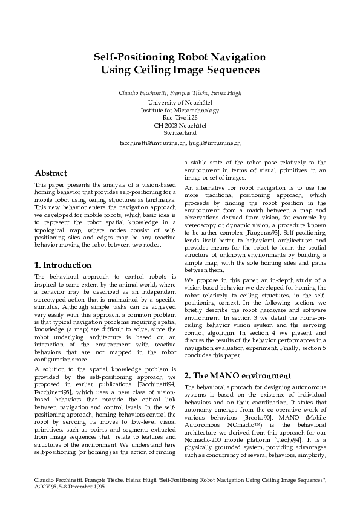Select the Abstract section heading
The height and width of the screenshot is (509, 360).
pos(51,172)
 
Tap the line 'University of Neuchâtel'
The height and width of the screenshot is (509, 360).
pos(180,103)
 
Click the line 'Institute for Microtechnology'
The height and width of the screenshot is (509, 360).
pos(180,111)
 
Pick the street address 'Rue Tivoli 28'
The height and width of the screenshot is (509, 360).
pos(180,118)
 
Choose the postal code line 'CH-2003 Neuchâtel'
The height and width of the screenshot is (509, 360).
pos(180,125)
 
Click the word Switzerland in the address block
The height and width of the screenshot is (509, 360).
pos(180,132)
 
